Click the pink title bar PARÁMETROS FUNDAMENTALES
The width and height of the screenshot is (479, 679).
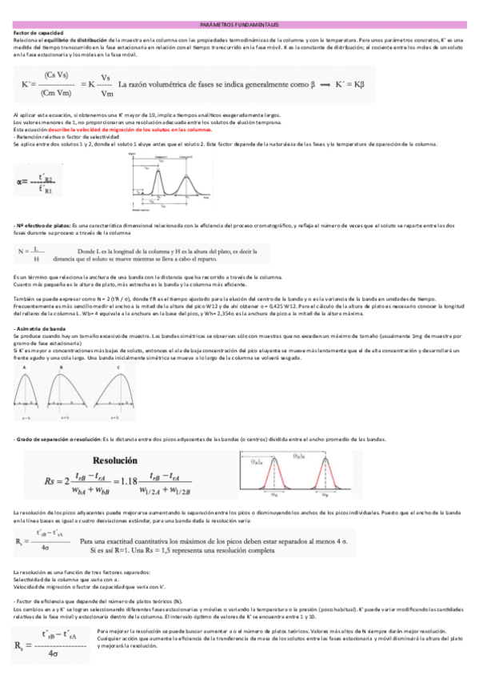click(x=239, y=25)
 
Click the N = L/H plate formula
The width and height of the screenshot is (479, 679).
click(x=30, y=253)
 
